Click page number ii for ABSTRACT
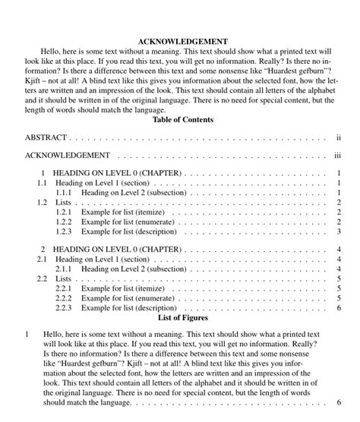[x=338, y=139]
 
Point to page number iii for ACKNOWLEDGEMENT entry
[x=338, y=156]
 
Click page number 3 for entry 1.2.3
[x=339, y=231]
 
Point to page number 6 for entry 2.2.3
[x=339, y=308]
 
